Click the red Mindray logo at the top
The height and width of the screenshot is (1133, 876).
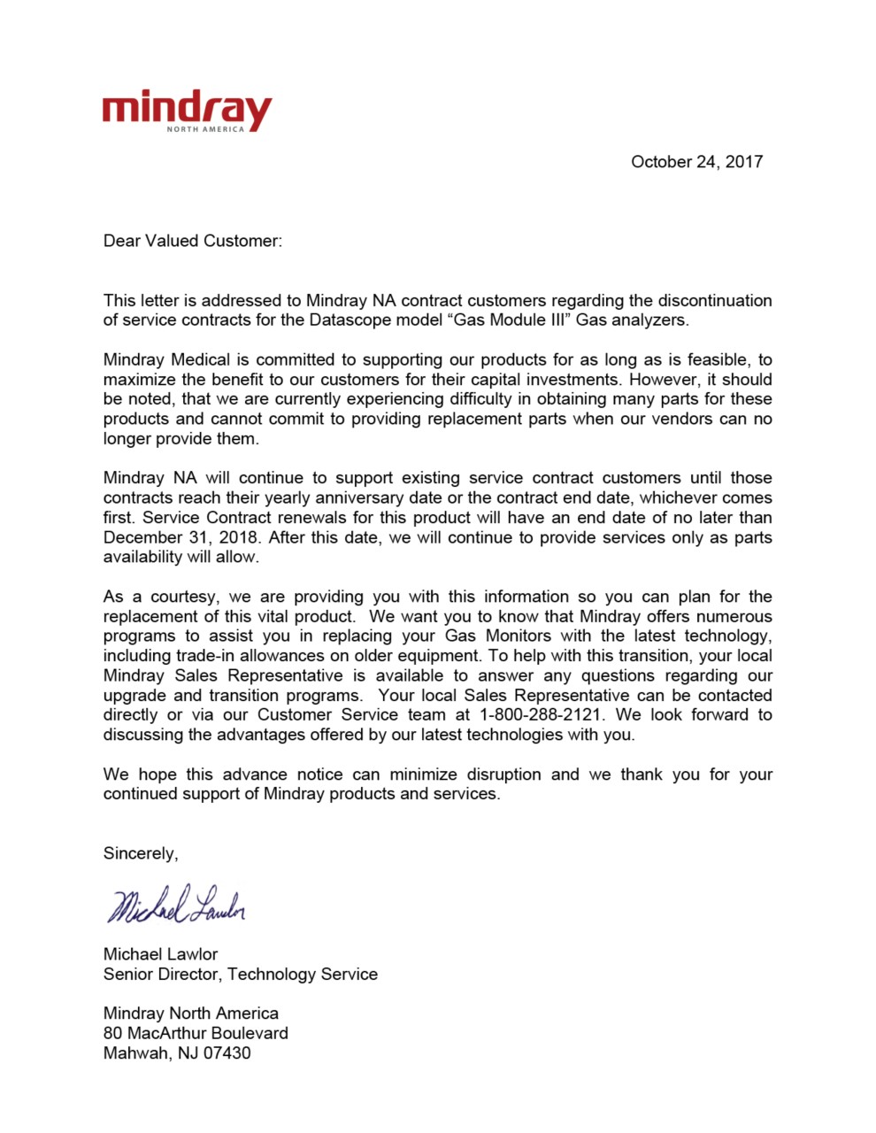(x=186, y=110)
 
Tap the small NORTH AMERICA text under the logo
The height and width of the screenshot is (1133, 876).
(x=205, y=129)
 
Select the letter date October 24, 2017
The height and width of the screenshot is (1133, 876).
(x=696, y=162)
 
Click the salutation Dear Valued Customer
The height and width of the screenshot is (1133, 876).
(x=192, y=241)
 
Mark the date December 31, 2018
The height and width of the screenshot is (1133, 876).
(x=181, y=537)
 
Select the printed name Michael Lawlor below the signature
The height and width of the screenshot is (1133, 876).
(x=160, y=954)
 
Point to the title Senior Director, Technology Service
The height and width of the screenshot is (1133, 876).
(x=240, y=975)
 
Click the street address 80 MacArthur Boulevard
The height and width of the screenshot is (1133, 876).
(x=196, y=1033)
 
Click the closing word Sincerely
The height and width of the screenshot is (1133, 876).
(x=140, y=853)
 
